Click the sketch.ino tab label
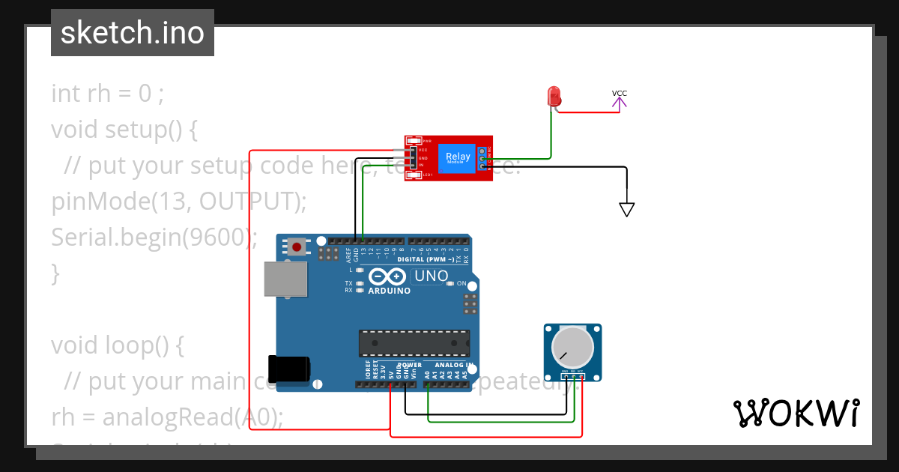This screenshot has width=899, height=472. click(132, 33)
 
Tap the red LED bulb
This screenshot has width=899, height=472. click(554, 96)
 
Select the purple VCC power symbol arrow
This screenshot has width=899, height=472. click(620, 103)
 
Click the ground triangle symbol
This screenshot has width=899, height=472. click(627, 210)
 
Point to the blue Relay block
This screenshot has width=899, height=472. click(458, 158)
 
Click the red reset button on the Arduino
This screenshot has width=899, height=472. click(297, 246)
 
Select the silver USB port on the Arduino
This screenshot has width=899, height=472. click(285, 279)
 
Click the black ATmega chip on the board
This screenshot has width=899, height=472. click(414, 342)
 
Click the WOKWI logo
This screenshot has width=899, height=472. click(796, 413)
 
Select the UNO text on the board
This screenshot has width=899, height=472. click(431, 276)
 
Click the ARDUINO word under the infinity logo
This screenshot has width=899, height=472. click(389, 291)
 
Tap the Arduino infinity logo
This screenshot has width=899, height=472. click(389, 276)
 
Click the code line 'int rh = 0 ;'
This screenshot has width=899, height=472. click(107, 94)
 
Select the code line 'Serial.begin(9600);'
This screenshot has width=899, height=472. click(154, 237)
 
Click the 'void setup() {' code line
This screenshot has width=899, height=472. click(124, 130)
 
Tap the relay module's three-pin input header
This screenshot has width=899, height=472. click(412, 158)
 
